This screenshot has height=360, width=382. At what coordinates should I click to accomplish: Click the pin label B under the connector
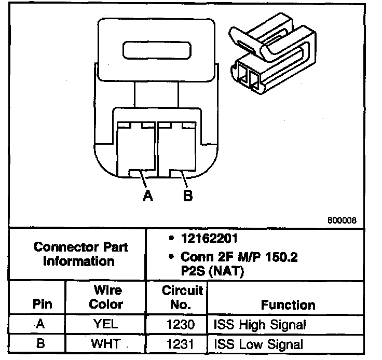click(188, 196)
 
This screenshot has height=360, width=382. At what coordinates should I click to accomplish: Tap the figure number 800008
click(342, 219)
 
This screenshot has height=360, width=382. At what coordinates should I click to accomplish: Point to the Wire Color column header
click(108, 297)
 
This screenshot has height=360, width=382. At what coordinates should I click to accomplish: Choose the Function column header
click(288, 304)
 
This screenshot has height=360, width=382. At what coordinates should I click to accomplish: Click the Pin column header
click(42, 304)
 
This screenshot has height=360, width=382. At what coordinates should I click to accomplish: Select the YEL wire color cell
click(106, 325)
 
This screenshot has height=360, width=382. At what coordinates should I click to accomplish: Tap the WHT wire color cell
click(106, 343)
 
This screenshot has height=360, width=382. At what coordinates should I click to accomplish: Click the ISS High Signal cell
click(260, 325)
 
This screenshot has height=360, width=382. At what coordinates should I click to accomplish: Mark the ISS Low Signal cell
click(258, 343)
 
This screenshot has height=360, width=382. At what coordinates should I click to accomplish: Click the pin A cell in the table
click(42, 324)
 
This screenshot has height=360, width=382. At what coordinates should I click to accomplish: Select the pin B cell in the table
click(42, 343)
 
